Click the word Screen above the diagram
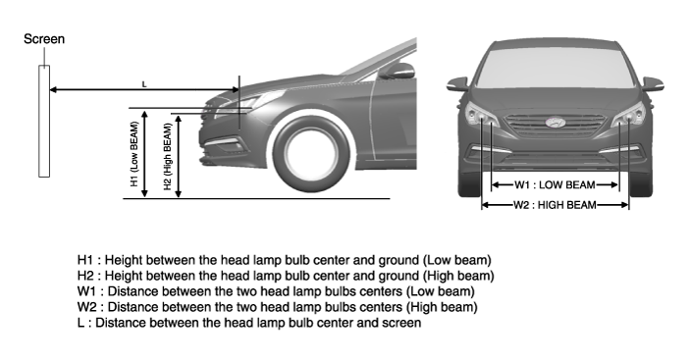[44, 39]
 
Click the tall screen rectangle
[44, 122]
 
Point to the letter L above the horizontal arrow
[144, 84]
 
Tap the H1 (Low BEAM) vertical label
[134, 153]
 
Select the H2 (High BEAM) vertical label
[168, 157]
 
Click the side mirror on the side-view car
[397, 71]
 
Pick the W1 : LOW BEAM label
[555, 185]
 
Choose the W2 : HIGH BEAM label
[556, 205]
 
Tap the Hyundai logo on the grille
[556, 123]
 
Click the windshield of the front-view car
[556, 67]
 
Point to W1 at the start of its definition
[86, 291]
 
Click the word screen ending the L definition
[401, 323]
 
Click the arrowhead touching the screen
[54, 90]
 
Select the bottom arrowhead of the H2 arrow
[179, 193]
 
